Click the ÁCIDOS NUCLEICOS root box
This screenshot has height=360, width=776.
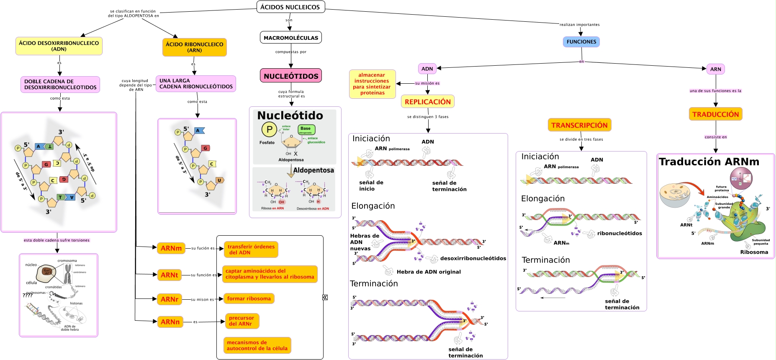(290, 7)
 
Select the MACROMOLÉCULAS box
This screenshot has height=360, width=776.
(290, 38)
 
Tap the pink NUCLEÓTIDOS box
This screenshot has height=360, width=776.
(290, 76)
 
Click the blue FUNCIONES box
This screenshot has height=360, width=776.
(581, 42)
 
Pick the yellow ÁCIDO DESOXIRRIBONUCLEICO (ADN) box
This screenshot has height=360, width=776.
(59, 46)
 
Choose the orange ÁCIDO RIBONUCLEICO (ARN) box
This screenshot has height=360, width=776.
(194, 47)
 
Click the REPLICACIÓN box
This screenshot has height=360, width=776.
(427, 102)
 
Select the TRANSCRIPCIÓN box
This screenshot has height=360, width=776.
(579, 125)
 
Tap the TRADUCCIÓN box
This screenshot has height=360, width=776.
(715, 114)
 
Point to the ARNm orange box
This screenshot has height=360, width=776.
(171, 248)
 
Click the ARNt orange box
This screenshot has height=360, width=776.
(169, 275)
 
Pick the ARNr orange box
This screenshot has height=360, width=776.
(169, 299)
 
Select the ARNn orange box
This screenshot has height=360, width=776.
(170, 322)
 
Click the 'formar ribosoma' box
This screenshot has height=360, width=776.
(249, 298)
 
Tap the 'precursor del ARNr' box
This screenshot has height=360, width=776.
(242, 321)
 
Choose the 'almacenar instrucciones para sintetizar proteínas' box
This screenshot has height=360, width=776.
(372, 84)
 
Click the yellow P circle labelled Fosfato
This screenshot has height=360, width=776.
(269, 129)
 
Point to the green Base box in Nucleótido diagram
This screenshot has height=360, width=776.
(306, 129)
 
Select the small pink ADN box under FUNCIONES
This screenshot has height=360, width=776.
(427, 69)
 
